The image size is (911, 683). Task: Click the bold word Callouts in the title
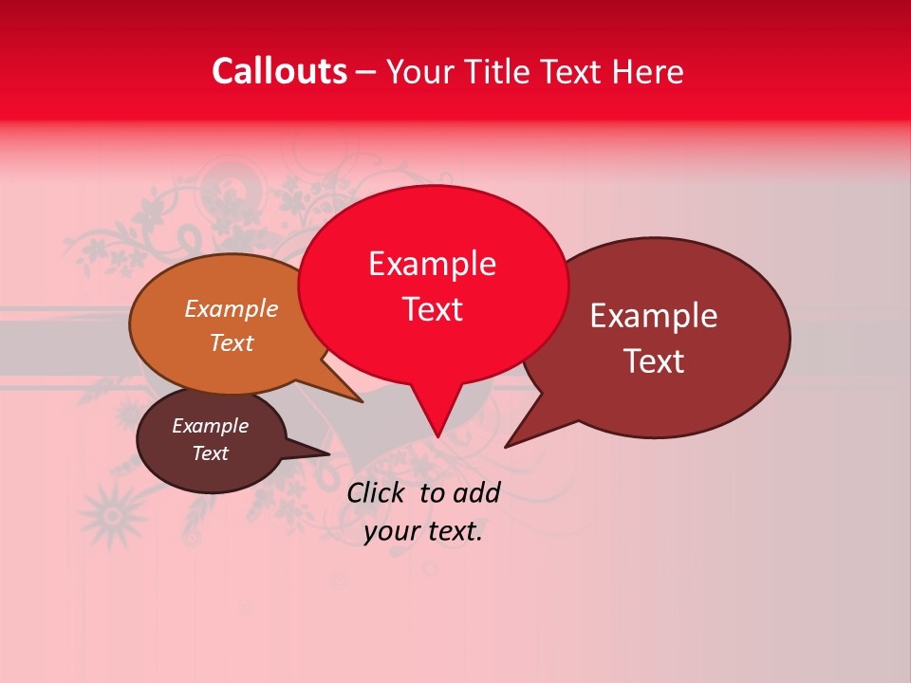279,71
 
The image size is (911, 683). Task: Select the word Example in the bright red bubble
432,264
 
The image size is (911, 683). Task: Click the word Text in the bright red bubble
432,309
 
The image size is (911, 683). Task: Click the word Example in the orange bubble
231,309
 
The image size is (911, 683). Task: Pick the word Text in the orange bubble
231,342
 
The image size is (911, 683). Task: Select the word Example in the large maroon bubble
653,316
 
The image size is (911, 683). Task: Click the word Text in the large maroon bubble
654,361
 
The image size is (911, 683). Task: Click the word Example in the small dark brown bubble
210,426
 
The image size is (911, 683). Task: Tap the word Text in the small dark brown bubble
210,453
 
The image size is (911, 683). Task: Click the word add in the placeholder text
477,492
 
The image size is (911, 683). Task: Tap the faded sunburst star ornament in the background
112,514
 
